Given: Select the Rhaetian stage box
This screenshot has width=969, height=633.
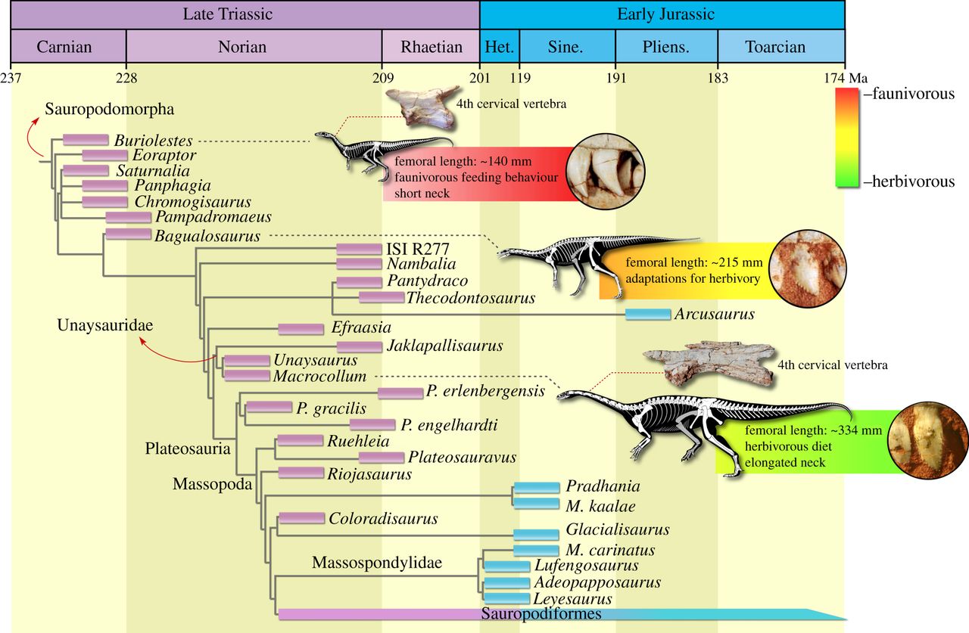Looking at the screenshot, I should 431,47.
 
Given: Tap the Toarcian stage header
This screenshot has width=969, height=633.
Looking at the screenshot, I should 780,47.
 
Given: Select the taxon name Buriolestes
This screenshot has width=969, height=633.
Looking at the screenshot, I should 154,141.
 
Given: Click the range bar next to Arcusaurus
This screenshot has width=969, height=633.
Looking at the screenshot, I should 648,314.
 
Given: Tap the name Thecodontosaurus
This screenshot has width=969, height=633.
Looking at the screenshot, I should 470,298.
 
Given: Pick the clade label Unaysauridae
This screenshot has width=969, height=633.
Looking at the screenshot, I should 105,326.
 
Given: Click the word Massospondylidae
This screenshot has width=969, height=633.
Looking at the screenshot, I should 377,563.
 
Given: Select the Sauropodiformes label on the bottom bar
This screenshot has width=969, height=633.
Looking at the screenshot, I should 541,614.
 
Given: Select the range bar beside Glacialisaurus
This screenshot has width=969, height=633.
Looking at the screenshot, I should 537,535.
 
